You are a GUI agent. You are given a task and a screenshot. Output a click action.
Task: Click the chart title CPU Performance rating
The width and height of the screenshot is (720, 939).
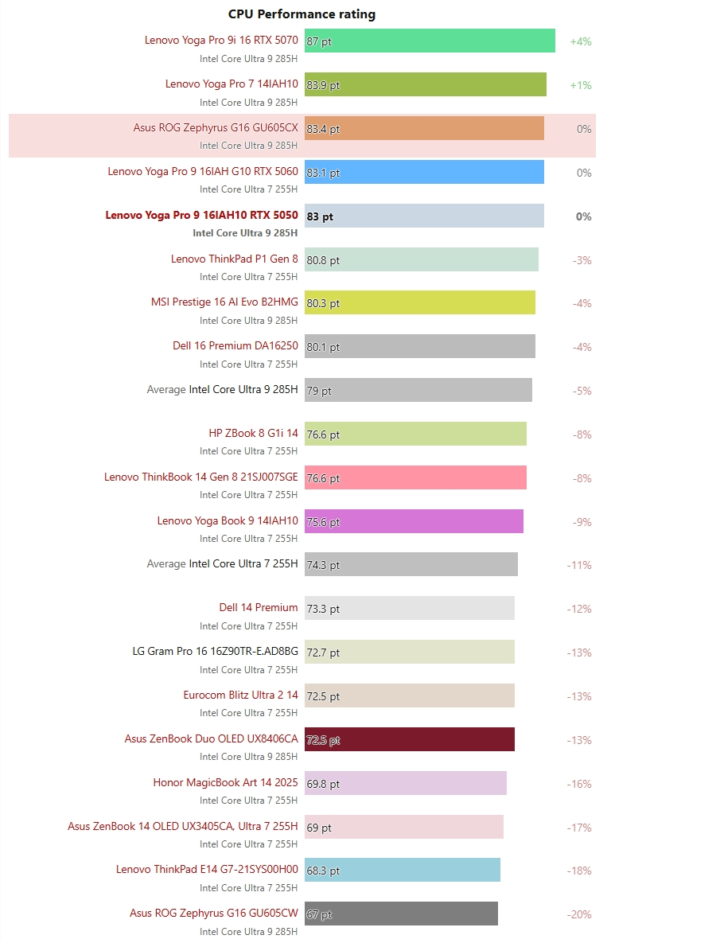[x=302, y=14]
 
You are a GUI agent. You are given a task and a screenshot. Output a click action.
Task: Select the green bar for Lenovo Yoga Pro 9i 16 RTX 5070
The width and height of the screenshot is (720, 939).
[x=430, y=41]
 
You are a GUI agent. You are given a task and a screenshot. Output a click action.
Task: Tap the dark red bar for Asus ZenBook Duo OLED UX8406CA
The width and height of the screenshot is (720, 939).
[x=409, y=739]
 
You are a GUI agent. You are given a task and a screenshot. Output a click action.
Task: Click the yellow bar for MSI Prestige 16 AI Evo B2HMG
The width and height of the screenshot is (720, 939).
[x=419, y=303]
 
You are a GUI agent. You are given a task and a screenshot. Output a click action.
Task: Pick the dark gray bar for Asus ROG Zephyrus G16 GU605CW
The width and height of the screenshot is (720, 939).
[x=401, y=914]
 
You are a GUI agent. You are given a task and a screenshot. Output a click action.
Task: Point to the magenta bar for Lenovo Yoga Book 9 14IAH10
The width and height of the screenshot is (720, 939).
[x=414, y=522]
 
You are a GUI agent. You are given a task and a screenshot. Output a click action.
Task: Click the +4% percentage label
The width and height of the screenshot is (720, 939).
[x=581, y=41]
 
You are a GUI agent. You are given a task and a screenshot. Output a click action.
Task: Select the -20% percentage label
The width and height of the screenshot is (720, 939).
[x=579, y=914]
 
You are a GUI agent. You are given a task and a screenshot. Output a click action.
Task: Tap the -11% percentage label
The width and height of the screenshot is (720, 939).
[x=579, y=565]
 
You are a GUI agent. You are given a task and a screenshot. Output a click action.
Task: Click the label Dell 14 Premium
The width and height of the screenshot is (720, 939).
[x=259, y=608]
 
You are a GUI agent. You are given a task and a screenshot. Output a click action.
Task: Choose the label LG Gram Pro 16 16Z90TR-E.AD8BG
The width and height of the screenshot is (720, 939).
[x=215, y=652]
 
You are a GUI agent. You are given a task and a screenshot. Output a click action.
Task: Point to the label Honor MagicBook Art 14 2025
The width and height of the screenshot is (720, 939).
[x=225, y=783]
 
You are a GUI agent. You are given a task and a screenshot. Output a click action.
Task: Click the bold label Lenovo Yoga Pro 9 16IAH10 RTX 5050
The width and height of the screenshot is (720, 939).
[x=201, y=216]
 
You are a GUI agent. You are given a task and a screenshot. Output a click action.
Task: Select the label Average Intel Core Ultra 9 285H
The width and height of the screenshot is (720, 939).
[x=222, y=390]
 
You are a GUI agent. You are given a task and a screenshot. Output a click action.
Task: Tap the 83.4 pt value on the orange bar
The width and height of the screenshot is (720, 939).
[x=323, y=129]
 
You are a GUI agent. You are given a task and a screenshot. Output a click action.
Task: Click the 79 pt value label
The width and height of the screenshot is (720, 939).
[x=319, y=391]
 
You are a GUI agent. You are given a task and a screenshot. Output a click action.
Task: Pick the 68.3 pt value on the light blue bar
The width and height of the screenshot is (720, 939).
[x=323, y=871]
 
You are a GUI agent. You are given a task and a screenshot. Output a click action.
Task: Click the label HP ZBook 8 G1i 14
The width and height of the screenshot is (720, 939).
[x=253, y=434]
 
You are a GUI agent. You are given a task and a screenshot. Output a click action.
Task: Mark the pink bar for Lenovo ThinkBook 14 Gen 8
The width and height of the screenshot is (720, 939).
[x=415, y=478]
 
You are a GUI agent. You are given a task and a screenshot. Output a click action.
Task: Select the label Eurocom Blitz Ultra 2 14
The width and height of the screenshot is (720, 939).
[x=240, y=695]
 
